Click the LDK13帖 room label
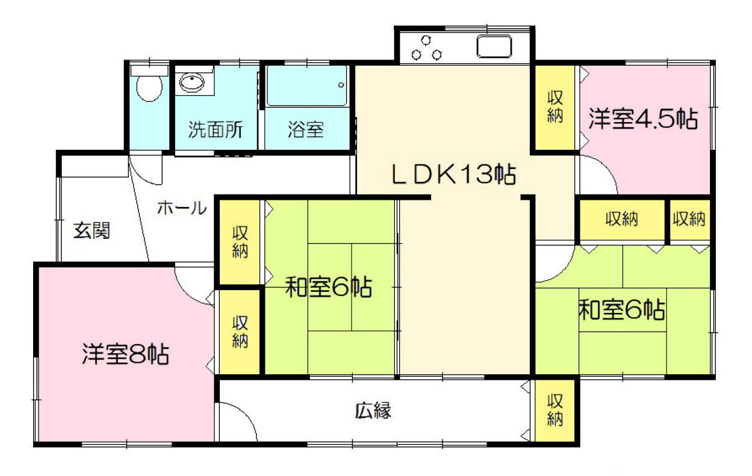coord(453,175)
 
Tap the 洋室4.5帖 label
coord(643,119)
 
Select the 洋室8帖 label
coord(125,354)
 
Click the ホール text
coord(182,208)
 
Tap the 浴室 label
coord(306,129)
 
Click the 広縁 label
coord(373,411)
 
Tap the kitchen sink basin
coord(494,46)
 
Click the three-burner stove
coord(426,48)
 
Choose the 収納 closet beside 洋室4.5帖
coord(555,107)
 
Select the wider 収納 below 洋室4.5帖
coord(622,220)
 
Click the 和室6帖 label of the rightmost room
coord(621,311)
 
